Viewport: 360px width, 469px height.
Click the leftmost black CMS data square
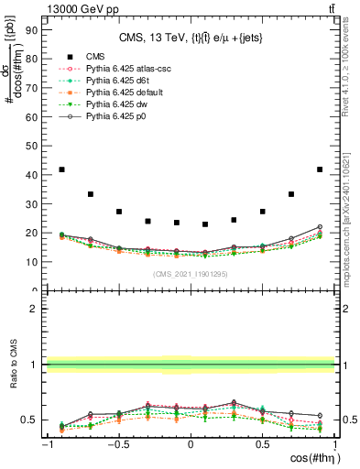pos(61,169)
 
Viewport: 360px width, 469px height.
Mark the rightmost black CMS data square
pos(320,169)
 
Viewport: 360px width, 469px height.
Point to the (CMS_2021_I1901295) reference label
pos(191,275)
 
